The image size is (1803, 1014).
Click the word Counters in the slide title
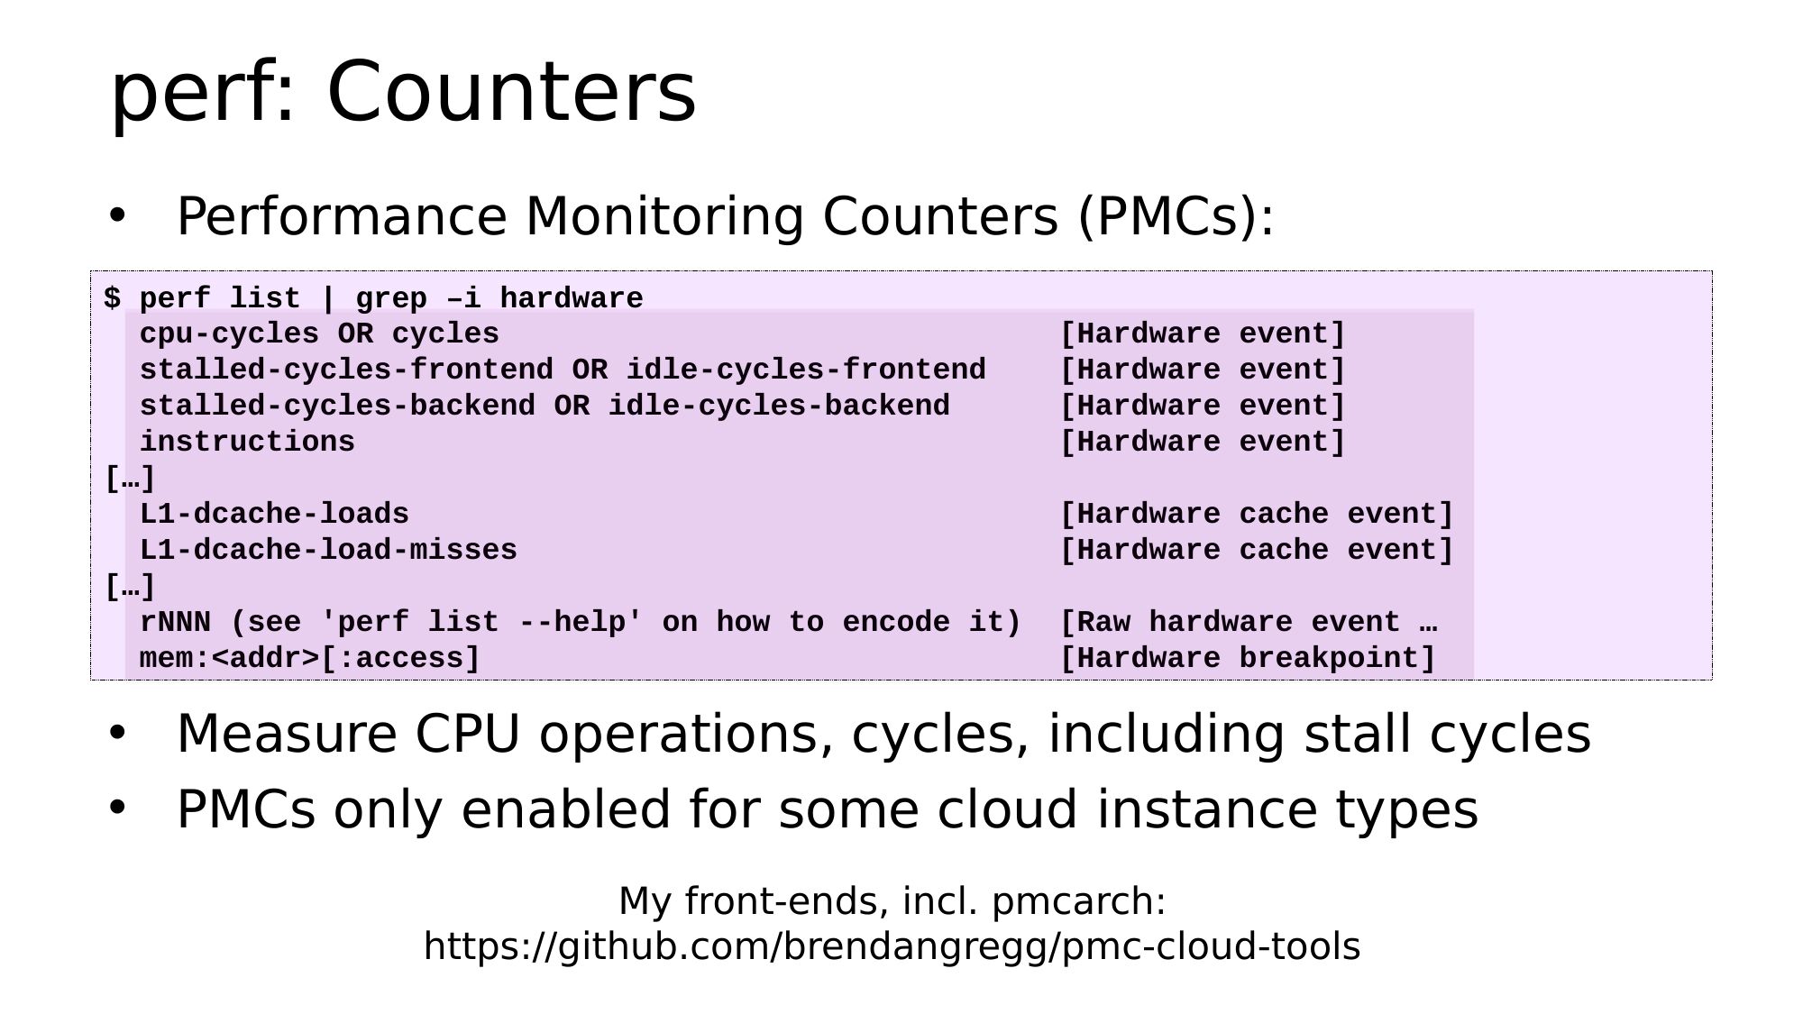(511, 92)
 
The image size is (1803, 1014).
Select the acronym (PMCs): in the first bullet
(1176, 217)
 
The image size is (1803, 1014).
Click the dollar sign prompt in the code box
(112, 298)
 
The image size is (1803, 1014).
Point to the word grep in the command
(391, 299)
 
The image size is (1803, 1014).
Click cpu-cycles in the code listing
(229, 334)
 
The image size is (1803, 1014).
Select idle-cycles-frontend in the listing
(806, 370)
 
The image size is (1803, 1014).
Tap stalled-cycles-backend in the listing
(337, 406)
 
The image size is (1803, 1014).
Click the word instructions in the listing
(247, 442)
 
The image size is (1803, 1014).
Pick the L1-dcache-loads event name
(274, 514)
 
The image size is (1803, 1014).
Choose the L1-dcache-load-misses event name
(328, 550)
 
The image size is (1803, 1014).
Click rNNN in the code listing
(175, 622)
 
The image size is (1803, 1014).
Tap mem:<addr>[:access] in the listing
(310, 659)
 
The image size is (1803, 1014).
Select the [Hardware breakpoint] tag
(1248, 659)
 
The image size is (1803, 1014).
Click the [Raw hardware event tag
(1230, 622)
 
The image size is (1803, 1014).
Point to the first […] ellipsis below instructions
(130, 479)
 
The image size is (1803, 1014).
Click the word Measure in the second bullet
(287, 734)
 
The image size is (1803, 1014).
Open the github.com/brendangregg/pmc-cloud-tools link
(892, 947)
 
